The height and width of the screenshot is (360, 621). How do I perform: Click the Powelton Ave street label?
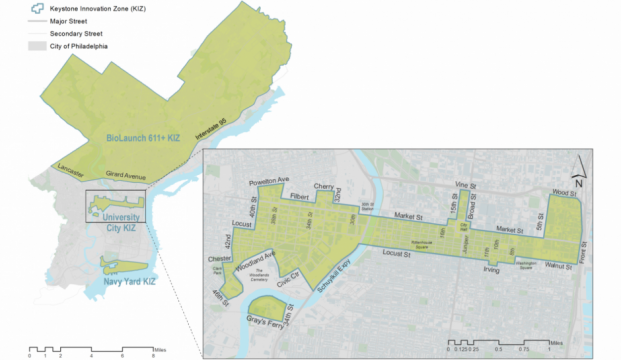(x=268, y=182)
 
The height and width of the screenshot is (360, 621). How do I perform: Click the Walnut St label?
(x=554, y=267)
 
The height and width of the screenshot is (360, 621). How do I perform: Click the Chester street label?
(x=220, y=258)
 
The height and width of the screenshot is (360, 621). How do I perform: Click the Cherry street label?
(x=323, y=186)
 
